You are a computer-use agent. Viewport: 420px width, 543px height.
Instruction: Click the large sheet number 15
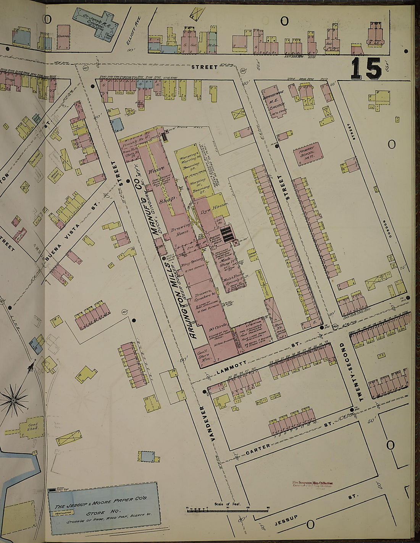pyautogui.click(x=366, y=69)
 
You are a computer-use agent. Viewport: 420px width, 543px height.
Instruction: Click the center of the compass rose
pyautogui.click(x=14, y=400)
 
